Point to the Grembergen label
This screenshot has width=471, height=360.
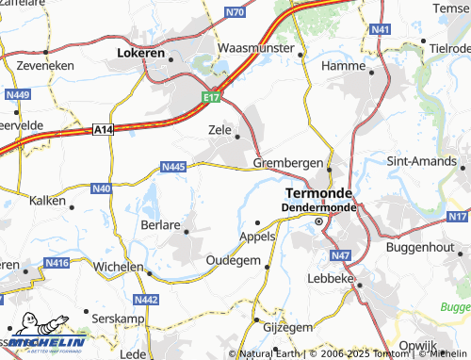[x=287, y=163]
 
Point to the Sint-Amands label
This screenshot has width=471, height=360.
[x=420, y=161]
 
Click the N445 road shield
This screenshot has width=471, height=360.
[x=172, y=167]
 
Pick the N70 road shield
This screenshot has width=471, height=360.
[x=235, y=12]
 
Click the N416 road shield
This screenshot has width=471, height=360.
[x=57, y=263]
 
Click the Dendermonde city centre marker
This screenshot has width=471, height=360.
[x=318, y=221]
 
